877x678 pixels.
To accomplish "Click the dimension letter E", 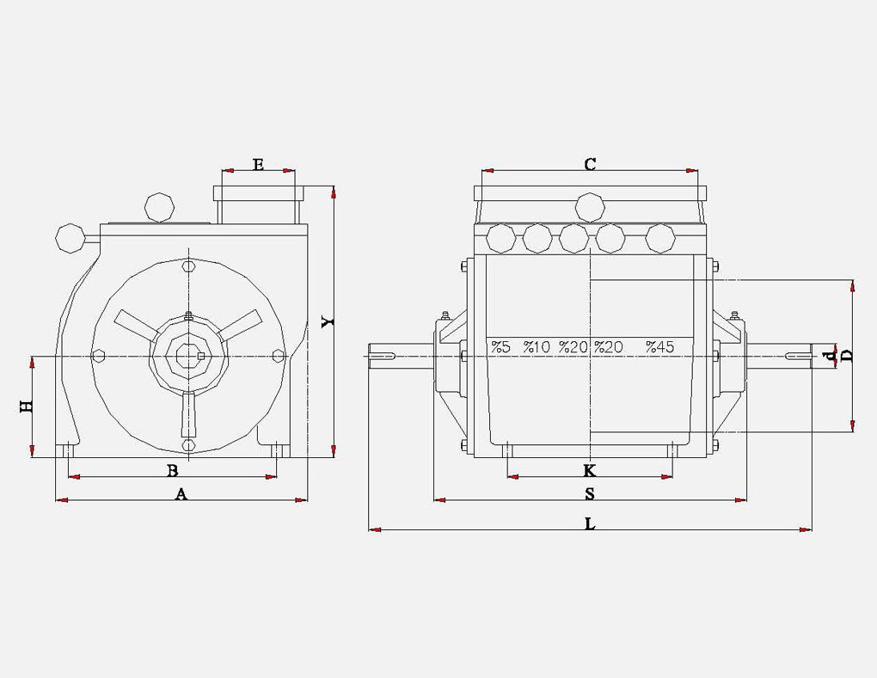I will [258, 162].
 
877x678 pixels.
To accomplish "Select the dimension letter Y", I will [328, 320].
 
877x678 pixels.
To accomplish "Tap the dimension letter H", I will [27, 406].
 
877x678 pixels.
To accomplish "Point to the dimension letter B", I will [172, 470].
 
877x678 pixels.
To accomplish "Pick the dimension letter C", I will [590, 163].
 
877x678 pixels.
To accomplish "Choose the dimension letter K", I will [589, 470].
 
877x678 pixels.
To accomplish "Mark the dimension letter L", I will [590, 523].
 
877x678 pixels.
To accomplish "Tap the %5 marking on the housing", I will [500, 347].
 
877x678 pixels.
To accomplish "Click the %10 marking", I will [537, 347].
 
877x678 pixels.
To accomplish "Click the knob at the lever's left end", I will [70, 237].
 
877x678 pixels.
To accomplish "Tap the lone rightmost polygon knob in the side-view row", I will [660, 237].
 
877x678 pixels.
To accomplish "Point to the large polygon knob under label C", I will [591, 207].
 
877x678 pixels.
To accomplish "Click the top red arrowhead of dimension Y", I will [333, 192].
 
